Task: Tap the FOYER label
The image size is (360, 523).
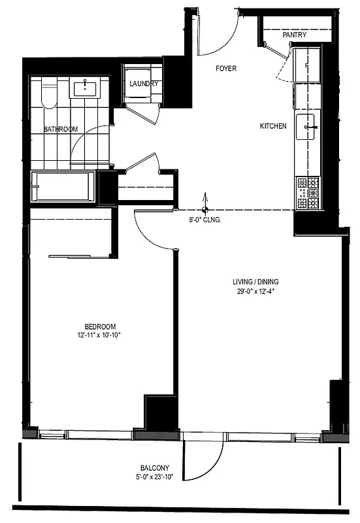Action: coord(226,69)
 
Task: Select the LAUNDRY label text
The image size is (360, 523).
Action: coord(144,84)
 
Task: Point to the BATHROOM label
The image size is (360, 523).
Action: coord(61,129)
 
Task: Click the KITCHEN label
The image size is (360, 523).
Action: coord(273,126)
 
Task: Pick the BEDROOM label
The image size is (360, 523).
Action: coord(100,327)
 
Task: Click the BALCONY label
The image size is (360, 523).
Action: coord(155,467)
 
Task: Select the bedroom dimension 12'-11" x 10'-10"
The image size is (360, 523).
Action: coord(100,335)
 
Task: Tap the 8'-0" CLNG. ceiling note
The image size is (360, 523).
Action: coord(205,220)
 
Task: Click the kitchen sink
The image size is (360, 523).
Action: coord(307,126)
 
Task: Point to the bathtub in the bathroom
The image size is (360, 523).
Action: coord(63,186)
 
